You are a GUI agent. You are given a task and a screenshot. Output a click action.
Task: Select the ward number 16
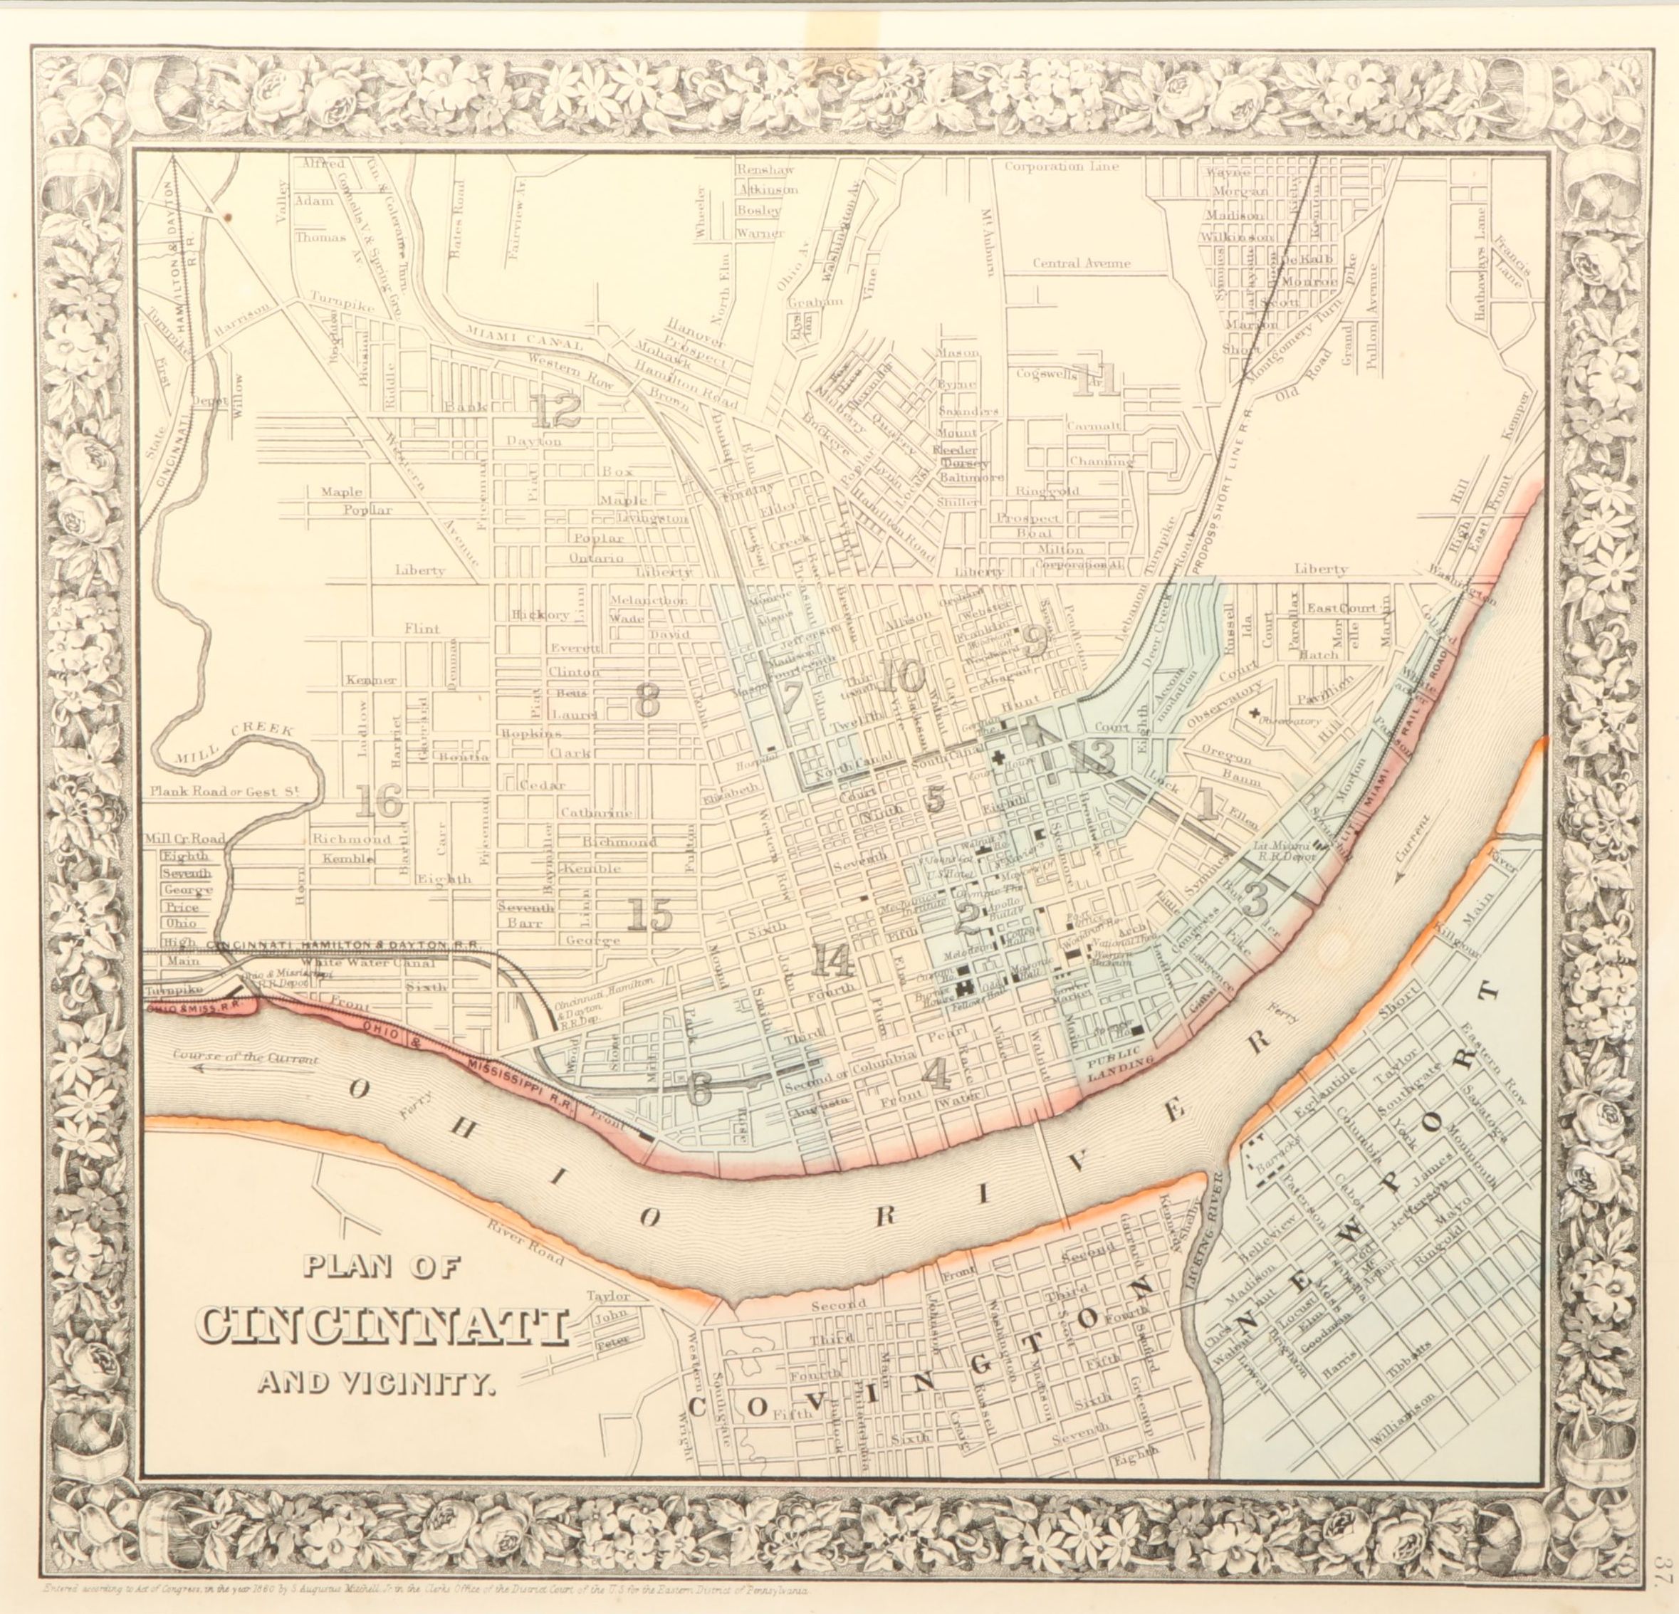coord(378,802)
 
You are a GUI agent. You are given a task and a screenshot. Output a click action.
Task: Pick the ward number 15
coord(649,915)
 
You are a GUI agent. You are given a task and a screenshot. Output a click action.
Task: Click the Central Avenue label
coord(1080,264)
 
